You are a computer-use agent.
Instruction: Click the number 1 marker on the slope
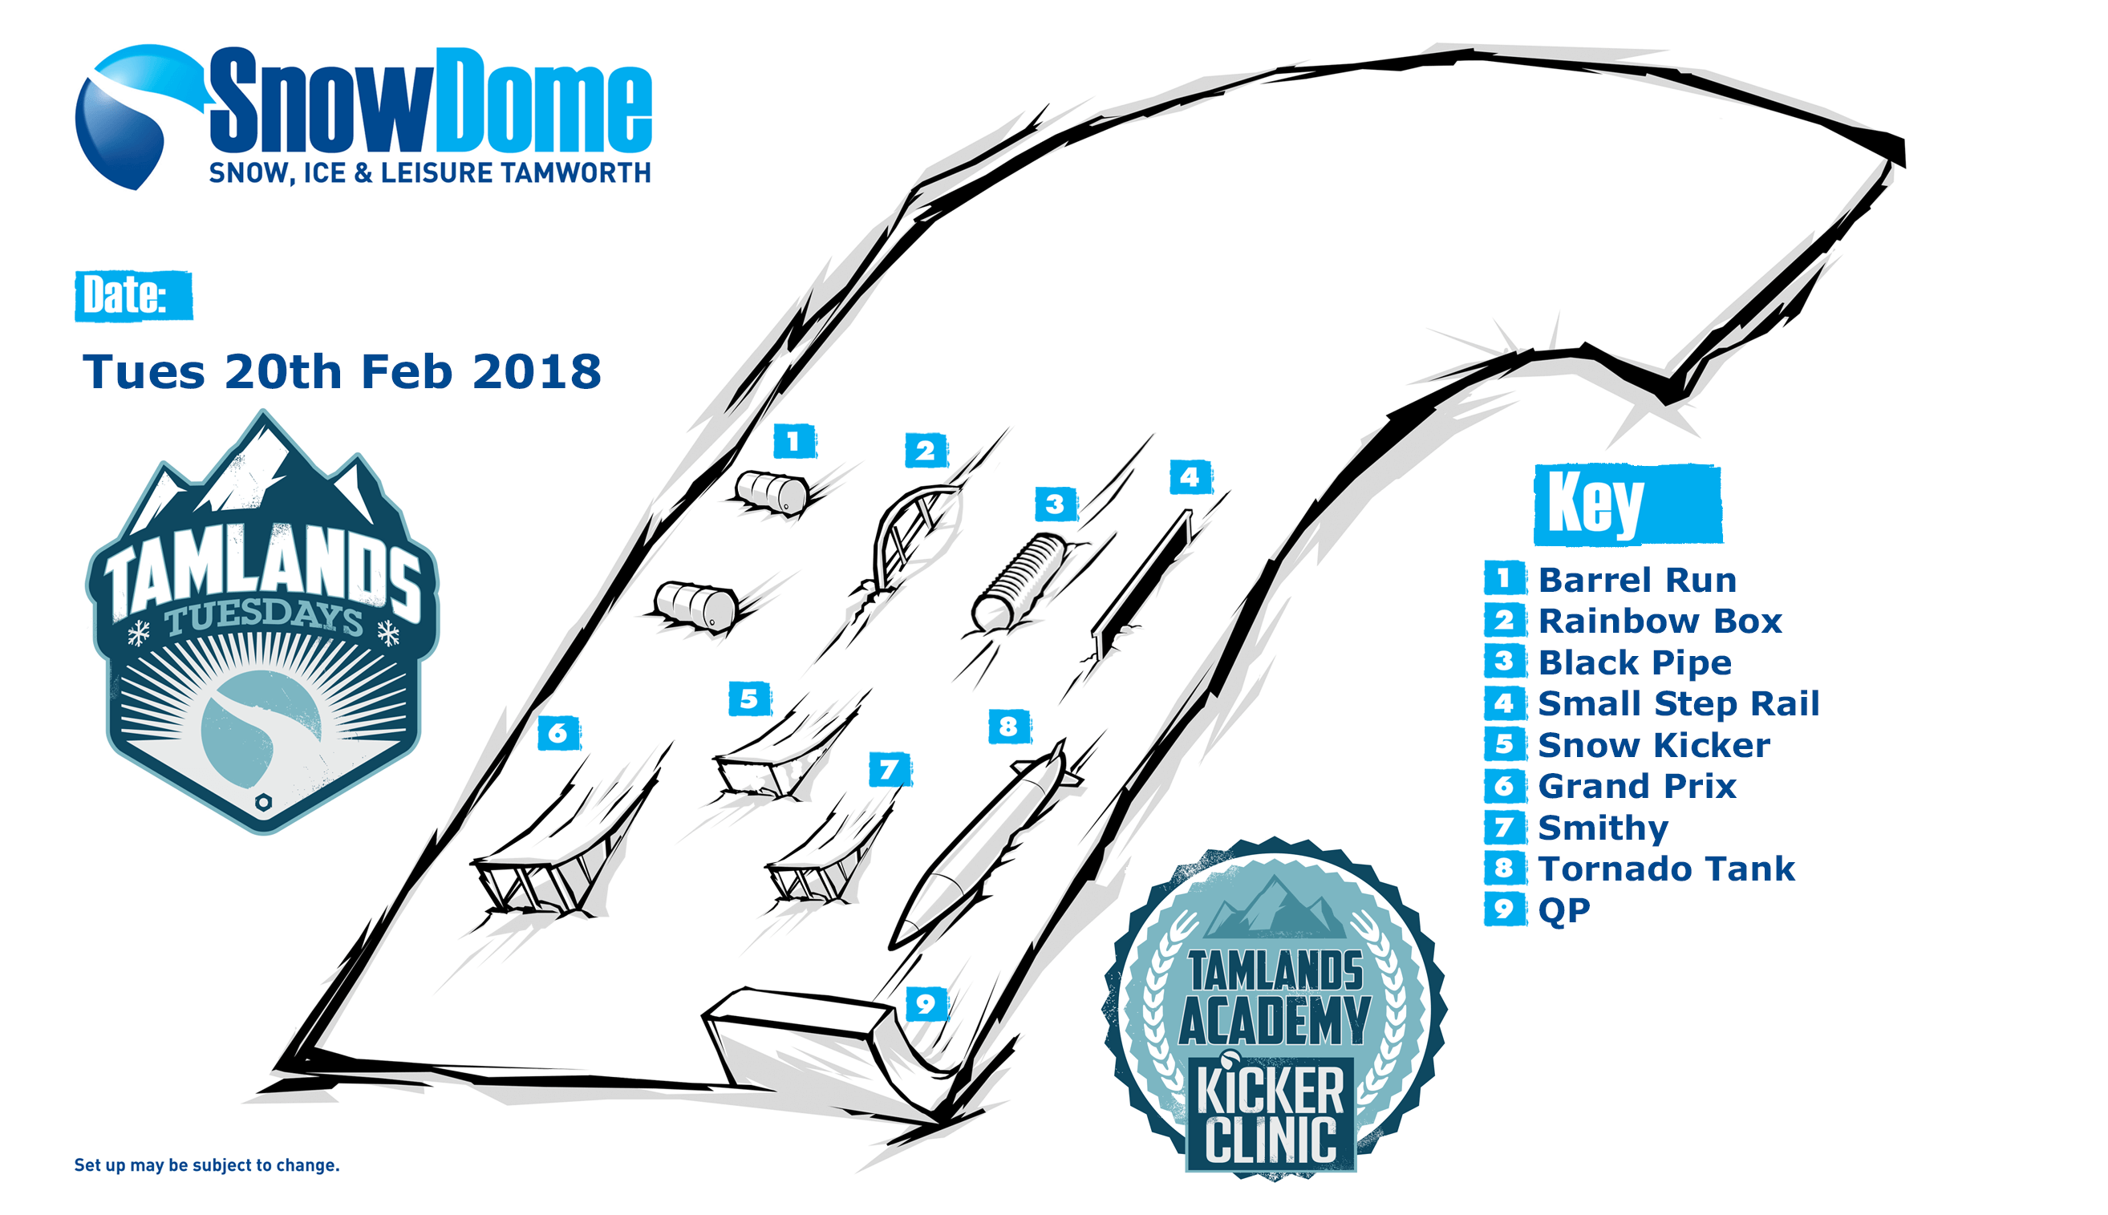point(793,440)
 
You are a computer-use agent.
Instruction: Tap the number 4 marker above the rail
point(1190,477)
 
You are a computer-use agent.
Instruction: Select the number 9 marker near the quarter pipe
point(926,1004)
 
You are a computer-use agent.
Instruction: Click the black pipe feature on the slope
point(1020,581)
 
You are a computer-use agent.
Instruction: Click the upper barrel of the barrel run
point(772,492)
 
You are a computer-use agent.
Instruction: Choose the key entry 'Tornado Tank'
point(1666,869)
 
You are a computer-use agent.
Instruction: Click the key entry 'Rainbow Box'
point(1660,621)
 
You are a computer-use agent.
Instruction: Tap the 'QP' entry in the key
point(1564,910)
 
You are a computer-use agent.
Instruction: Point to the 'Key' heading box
point(1628,504)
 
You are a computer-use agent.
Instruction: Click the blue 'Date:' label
point(133,295)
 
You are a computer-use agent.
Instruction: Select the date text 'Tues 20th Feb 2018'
point(342,371)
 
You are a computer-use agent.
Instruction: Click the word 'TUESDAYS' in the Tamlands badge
point(264,618)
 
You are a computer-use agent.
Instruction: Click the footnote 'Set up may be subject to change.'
point(207,1165)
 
